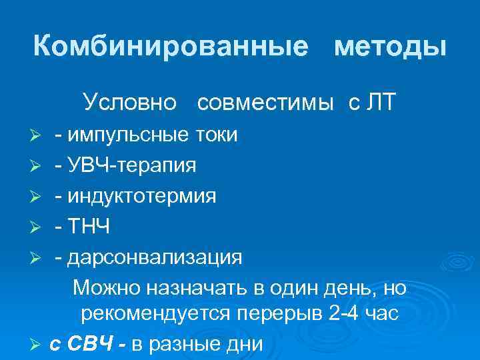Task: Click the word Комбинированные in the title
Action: coord(171,46)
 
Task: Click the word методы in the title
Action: coord(390,46)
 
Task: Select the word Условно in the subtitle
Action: coord(130,102)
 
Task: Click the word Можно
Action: coord(107,288)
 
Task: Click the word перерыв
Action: coord(273,316)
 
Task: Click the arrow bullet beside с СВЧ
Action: coord(37,345)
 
